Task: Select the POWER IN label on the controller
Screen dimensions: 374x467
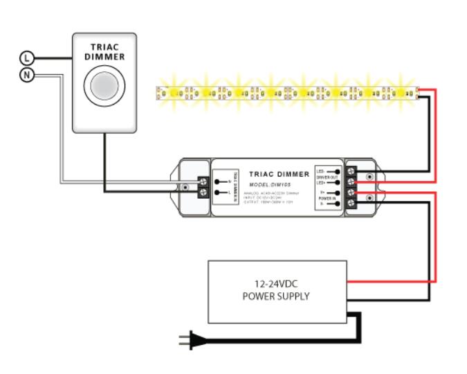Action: (327, 197)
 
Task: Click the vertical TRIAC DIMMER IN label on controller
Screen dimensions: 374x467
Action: (235, 186)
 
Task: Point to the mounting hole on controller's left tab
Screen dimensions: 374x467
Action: (185, 188)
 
